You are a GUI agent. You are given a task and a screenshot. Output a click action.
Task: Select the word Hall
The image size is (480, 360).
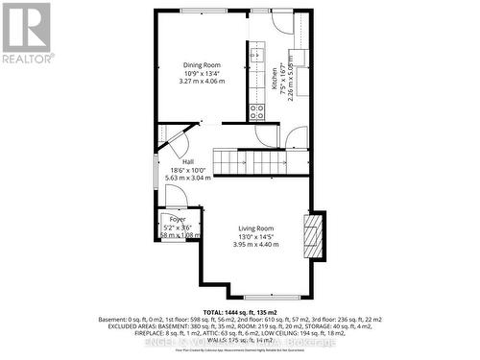[x=189, y=161]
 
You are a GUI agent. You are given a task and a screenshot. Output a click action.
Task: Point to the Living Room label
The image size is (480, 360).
[x=256, y=228]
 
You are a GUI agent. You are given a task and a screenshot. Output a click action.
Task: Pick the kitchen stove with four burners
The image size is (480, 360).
[x=257, y=109]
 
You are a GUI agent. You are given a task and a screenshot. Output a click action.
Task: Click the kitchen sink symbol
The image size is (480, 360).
[x=256, y=56]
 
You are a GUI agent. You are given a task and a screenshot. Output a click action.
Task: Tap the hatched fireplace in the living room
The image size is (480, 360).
[x=310, y=231]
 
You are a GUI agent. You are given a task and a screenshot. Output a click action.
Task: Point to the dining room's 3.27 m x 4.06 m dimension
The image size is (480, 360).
[x=202, y=82]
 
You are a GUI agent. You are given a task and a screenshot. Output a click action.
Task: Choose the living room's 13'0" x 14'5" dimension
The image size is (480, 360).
[x=256, y=236]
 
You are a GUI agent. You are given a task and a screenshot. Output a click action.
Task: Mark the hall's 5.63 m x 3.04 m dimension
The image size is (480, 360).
[x=188, y=178]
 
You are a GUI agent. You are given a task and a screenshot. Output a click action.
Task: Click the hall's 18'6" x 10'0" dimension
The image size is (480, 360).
[x=188, y=170]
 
